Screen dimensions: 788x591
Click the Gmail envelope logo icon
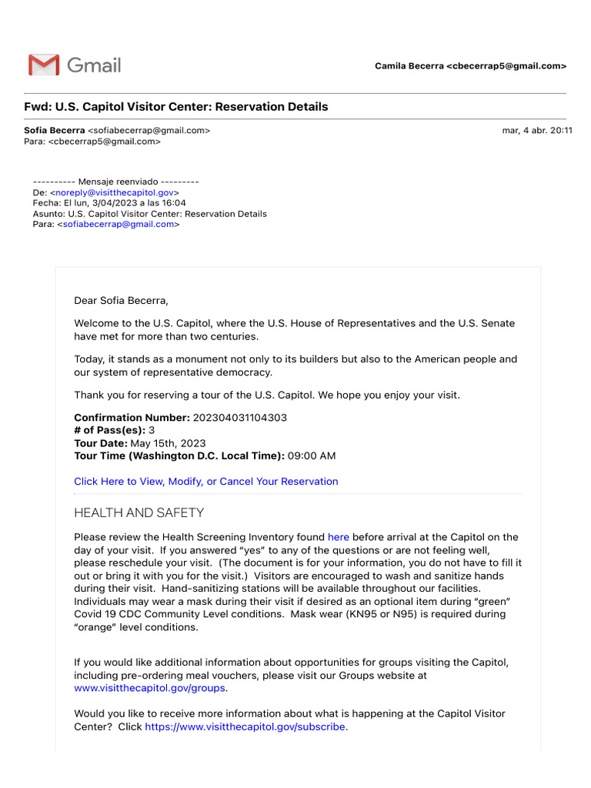(43, 65)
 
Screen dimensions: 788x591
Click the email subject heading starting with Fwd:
(176, 107)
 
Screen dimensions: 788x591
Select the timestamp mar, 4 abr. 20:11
(536, 131)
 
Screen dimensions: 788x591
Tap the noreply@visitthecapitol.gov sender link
(115, 192)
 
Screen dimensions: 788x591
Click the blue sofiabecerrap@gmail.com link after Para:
(119, 225)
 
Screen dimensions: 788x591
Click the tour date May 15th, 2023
(169, 443)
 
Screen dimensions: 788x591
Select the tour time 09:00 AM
(312, 456)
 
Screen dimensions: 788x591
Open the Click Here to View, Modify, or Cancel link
(205, 482)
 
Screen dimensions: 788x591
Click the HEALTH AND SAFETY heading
(139, 513)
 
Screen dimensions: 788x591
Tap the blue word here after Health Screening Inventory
(339, 537)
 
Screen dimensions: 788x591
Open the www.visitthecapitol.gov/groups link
(149, 689)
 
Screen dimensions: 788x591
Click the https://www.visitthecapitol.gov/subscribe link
(245, 726)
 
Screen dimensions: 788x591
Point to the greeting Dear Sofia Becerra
(121, 300)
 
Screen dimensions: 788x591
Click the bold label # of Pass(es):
(109, 430)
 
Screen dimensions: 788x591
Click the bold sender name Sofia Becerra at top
(55, 131)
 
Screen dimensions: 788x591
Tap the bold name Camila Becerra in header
(409, 66)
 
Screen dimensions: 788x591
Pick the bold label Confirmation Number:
(132, 417)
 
